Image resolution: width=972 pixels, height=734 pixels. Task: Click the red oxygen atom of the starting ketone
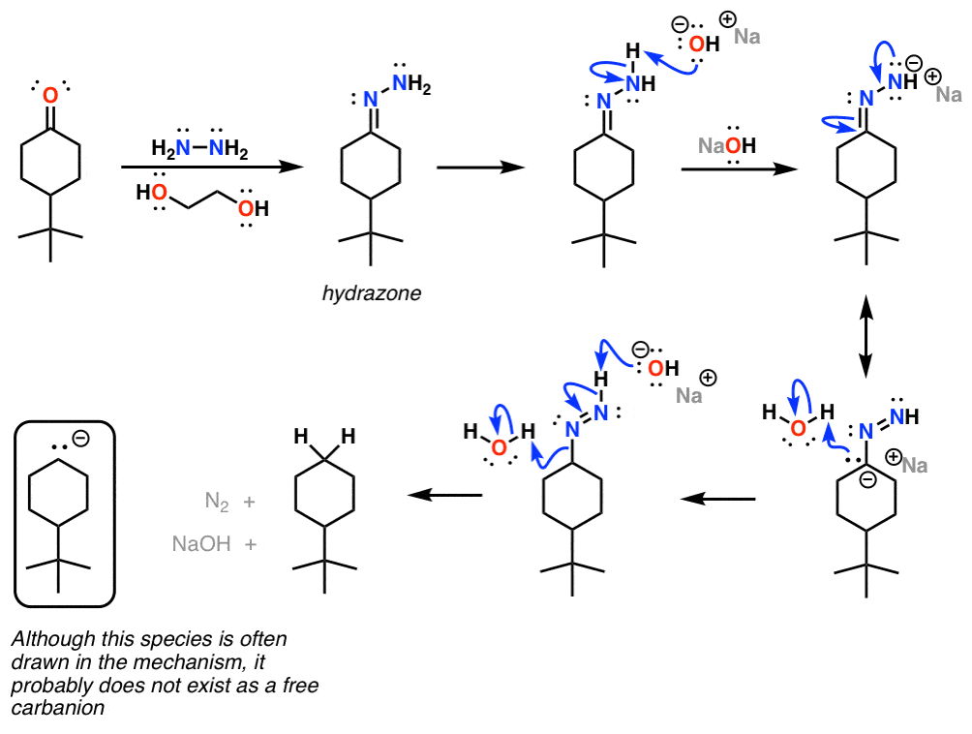[50, 95]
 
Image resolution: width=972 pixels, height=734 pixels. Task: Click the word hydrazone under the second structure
[372, 293]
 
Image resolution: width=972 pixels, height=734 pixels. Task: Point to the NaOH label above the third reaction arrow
[726, 145]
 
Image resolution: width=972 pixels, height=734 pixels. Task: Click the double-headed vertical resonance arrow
[866, 337]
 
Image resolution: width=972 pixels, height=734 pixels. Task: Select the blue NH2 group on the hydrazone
[411, 83]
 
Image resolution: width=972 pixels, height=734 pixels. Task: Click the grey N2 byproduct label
[216, 501]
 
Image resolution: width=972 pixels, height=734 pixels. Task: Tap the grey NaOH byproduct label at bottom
[201, 543]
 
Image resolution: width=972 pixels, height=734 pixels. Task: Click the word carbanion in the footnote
[58, 708]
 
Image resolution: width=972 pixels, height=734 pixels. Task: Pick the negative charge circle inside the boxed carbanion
[80, 439]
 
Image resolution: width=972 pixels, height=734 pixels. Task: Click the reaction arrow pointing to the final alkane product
[444, 495]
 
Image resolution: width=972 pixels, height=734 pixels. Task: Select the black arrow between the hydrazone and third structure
[480, 168]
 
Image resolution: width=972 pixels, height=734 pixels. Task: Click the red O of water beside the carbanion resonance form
[799, 427]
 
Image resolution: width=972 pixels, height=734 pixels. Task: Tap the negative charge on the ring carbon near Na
[867, 479]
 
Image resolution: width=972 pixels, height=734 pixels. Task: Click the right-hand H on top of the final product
[349, 437]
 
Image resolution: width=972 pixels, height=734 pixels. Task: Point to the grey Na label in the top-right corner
[949, 94]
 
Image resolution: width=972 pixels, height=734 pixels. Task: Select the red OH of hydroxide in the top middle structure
[704, 44]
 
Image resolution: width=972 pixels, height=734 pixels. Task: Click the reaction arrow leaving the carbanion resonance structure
[717, 499]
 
